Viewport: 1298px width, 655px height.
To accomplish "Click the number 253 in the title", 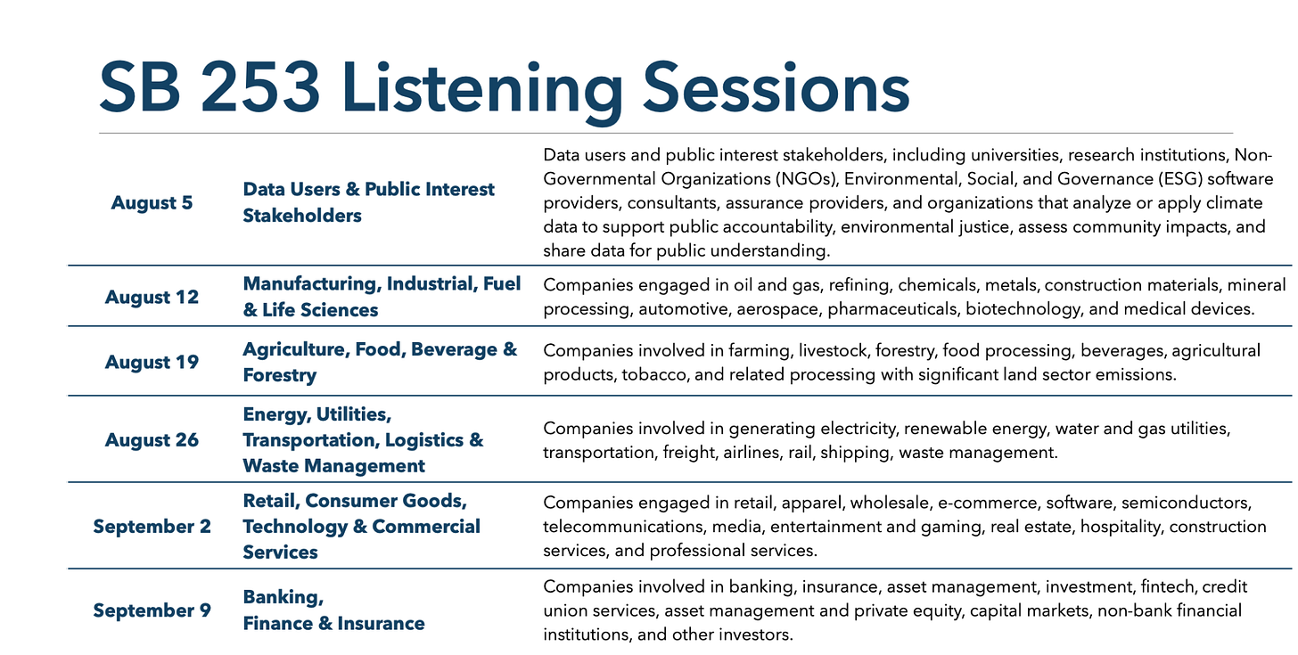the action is point(260,87).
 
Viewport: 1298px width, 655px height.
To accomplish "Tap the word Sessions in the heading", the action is point(776,87).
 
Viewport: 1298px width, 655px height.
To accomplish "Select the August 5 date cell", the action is point(152,202).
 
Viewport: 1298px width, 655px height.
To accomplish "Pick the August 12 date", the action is point(152,297).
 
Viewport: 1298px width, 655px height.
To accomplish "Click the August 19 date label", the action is point(152,362).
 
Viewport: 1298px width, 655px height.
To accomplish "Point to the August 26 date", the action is point(152,440).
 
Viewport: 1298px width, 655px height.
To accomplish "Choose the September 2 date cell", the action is point(152,527).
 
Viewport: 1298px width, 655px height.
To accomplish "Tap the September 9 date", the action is point(152,610).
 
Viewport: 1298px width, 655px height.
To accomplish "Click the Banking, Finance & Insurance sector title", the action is point(333,610).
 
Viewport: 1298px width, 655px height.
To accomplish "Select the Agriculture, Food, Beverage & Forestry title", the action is point(380,362).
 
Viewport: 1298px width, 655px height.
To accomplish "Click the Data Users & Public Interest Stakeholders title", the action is point(368,202).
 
